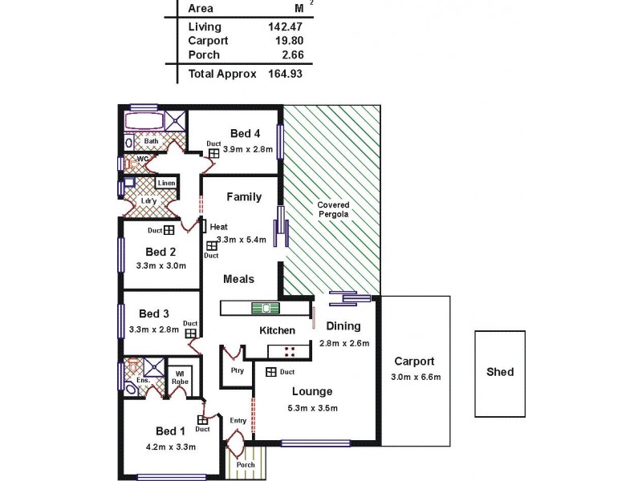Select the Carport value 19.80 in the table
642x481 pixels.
[x=286, y=40]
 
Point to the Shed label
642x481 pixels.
[x=500, y=372]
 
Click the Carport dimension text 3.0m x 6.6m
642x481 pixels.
[x=414, y=377]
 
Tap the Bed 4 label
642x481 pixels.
[x=245, y=133]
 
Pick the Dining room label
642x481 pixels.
[x=343, y=326]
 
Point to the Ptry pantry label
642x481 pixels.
[x=236, y=371]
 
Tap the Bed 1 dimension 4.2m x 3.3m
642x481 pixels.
[x=169, y=447]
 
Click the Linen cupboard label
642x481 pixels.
[x=166, y=184]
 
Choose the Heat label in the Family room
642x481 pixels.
[x=219, y=227]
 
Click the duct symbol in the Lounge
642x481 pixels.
[x=271, y=372]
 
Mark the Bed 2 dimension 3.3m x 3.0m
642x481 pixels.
[x=161, y=266]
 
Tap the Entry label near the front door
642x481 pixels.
[x=238, y=420]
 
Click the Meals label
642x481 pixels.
[x=239, y=279]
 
